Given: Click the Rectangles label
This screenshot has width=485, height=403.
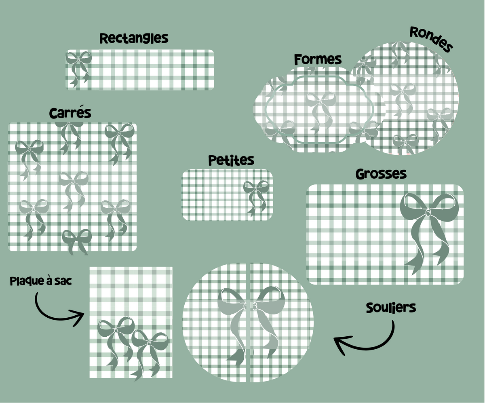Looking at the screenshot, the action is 134,38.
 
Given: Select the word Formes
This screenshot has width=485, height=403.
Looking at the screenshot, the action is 318,60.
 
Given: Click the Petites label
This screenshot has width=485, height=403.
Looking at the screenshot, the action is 231,160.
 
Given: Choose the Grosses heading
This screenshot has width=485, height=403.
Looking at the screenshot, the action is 381,174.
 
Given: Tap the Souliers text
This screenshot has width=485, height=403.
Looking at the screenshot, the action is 391,308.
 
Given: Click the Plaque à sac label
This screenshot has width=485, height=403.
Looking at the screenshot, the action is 41,281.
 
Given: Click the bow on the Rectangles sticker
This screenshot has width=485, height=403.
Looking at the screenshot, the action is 78,69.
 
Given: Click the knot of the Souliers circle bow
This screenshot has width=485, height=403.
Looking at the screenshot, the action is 250,307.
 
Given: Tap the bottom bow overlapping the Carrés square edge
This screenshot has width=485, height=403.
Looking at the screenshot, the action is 77,242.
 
